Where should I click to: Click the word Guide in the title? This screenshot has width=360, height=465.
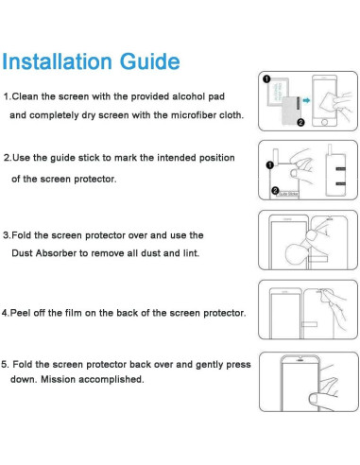[x=146, y=62]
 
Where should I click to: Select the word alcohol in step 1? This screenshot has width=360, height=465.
[x=180, y=97]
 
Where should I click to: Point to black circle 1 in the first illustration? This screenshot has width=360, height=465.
[x=266, y=79]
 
